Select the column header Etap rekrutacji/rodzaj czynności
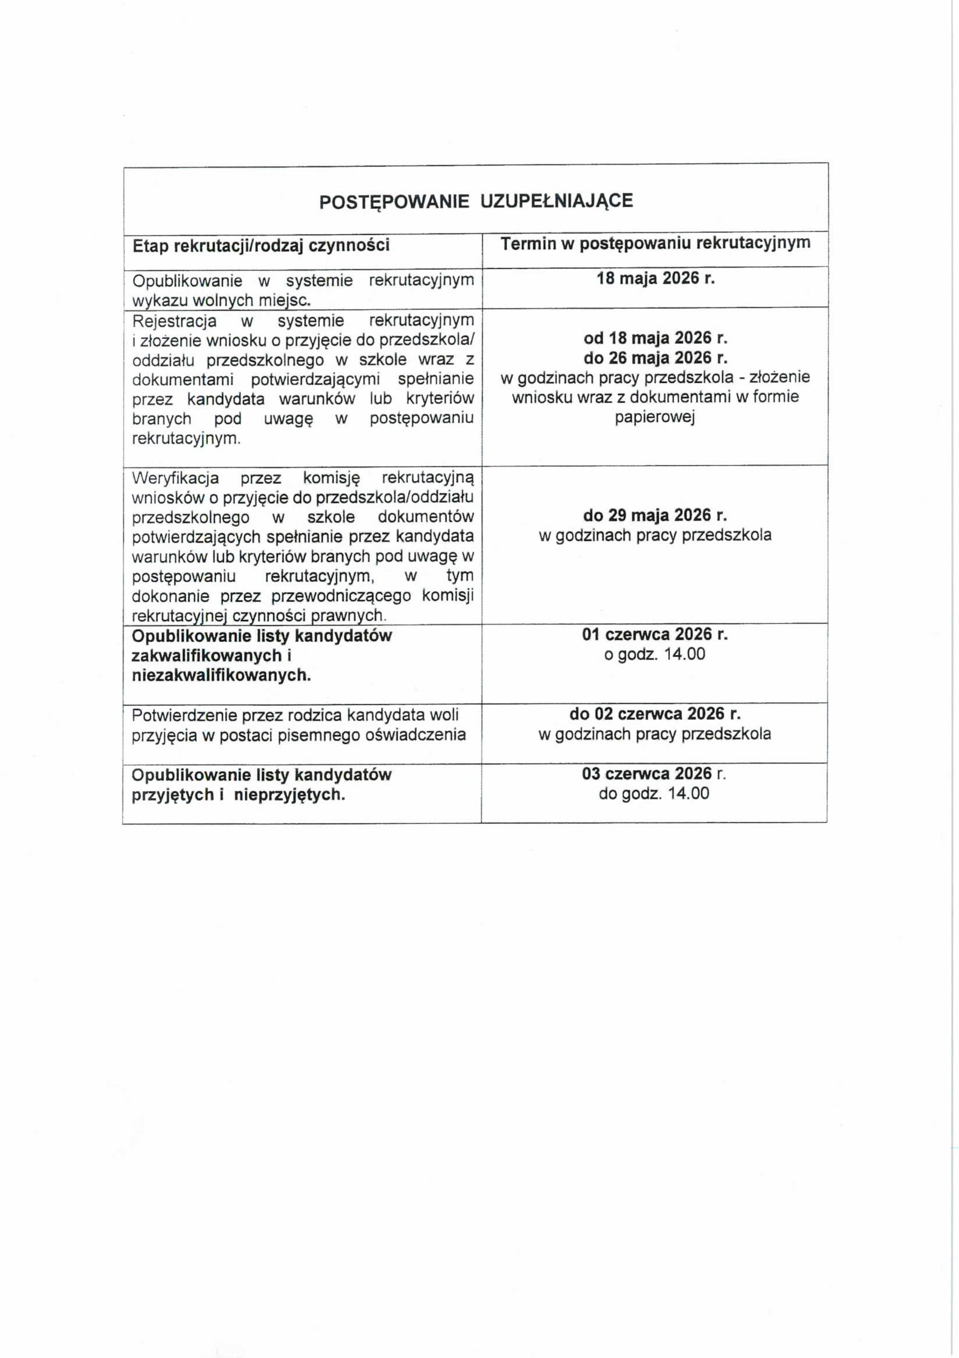261,246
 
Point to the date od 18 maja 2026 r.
656,338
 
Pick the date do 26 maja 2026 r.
656,358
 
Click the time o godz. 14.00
654,654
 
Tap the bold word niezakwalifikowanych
221,676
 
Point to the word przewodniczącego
341,596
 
